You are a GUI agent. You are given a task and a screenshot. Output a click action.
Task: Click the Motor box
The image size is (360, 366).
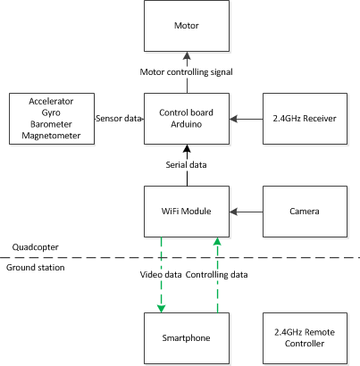point(187,26)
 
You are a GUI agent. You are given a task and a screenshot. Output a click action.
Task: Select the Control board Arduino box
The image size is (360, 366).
point(187,119)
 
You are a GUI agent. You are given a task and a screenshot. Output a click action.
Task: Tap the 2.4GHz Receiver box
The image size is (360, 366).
point(305,119)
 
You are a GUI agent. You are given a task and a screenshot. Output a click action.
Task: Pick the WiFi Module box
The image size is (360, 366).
point(187,212)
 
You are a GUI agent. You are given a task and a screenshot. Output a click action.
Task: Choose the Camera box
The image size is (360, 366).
point(305,212)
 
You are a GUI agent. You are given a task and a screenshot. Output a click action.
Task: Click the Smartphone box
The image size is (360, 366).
point(187,338)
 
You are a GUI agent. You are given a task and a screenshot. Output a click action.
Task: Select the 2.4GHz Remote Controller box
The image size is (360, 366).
point(305,338)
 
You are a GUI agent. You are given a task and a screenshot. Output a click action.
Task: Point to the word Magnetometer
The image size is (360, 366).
point(51,136)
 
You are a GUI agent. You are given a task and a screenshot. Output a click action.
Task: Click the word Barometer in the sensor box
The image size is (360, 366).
point(51,124)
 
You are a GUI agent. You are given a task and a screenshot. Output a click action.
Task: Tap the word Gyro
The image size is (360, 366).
point(51,112)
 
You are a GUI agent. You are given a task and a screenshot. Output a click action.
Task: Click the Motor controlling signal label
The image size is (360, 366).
point(187,72)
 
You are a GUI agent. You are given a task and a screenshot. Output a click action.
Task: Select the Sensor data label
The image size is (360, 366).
point(119,119)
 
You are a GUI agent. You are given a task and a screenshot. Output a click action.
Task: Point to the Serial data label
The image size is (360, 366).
point(186,165)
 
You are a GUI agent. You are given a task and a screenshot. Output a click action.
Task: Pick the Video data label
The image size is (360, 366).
point(161,275)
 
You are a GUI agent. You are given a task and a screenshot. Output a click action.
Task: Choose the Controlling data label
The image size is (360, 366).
point(216,275)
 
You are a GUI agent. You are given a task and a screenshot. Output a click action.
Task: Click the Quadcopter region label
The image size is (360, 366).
point(36,247)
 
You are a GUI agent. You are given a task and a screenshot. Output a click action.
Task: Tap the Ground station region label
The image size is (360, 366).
point(36,268)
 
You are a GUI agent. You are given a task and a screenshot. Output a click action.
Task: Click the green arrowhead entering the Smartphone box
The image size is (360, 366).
point(161,309)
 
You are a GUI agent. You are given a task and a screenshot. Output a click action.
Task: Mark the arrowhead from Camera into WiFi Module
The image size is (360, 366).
point(233,212)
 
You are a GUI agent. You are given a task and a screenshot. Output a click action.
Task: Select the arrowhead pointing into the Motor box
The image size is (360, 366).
point(187,55)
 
